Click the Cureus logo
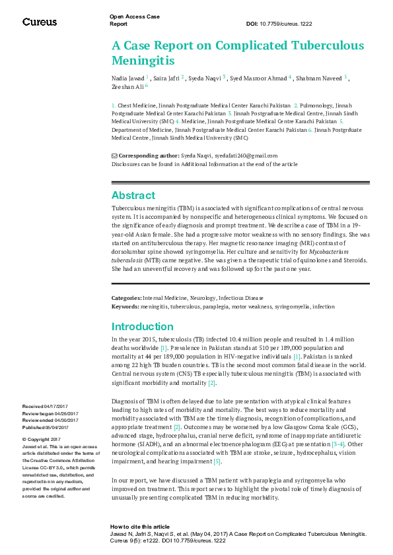[40, 22]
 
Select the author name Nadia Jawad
[127, 78]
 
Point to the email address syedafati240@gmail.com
[246, 156]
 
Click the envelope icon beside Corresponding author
[114, 156]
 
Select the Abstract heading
[133, 195]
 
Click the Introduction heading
[142, 326]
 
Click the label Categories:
[126, 299]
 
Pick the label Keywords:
[125, 307]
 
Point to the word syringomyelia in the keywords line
[292, 307]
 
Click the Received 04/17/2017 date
[41, 407]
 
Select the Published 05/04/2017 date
[42, 427]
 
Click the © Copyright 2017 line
[42, 439]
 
